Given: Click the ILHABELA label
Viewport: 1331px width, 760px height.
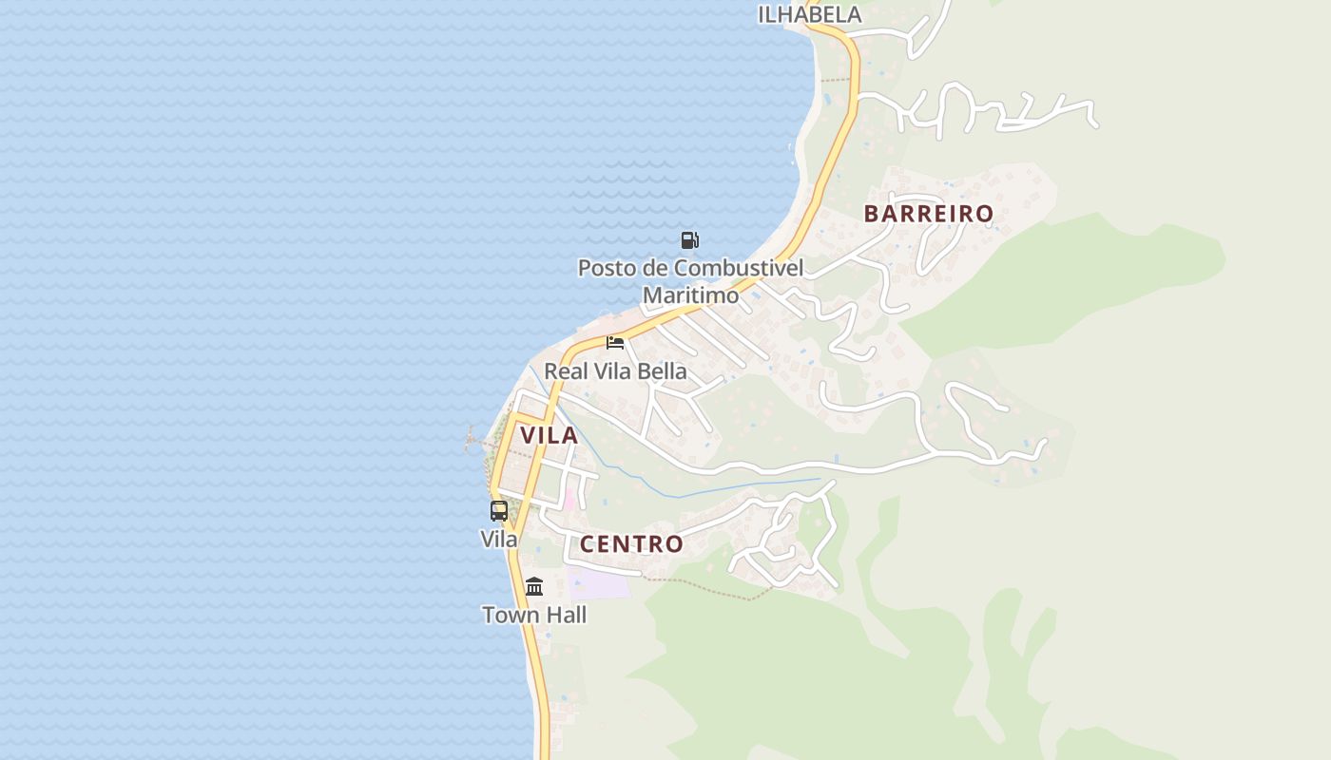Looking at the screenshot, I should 809,14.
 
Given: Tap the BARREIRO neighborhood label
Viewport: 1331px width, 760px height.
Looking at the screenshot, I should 929,214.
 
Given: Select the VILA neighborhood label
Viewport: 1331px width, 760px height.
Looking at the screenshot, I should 549,435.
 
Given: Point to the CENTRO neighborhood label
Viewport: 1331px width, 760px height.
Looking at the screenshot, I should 631,544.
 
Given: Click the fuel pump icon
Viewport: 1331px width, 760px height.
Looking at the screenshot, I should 689,240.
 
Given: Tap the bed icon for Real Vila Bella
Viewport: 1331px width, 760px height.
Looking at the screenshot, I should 615,343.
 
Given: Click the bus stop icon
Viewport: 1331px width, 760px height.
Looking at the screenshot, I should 499,511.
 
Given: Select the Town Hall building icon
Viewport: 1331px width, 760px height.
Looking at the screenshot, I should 534,587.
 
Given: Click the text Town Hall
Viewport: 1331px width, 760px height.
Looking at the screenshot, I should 534,615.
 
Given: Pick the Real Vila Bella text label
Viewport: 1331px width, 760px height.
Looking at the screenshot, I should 615,371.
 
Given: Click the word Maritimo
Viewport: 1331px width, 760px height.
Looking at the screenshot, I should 690,295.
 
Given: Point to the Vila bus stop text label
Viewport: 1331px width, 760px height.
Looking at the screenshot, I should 499,539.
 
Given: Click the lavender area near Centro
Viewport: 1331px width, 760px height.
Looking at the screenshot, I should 599,582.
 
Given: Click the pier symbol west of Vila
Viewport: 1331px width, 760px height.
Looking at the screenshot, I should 473,440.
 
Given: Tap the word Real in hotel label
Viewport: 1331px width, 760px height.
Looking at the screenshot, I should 566,371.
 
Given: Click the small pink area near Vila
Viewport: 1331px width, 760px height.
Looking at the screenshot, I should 570,499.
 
